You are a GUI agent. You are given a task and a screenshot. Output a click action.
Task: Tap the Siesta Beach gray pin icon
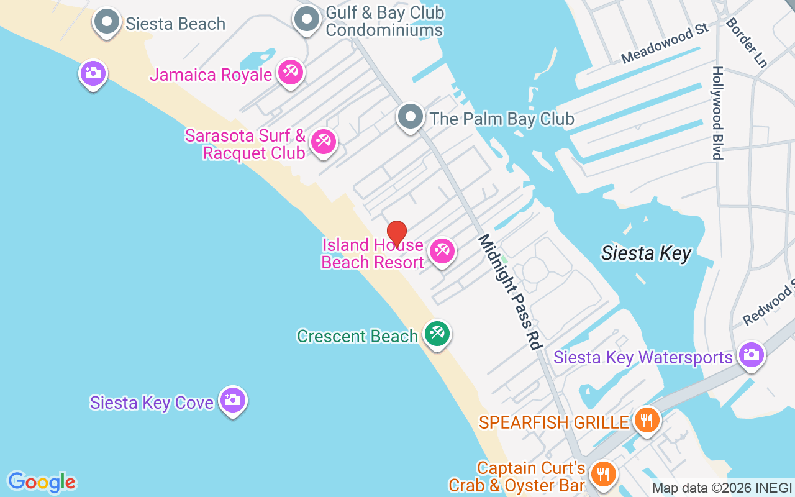point(107,22)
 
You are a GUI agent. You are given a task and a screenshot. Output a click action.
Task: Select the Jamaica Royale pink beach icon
point(290,73)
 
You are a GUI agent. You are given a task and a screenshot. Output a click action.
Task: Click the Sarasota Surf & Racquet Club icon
point(323,142)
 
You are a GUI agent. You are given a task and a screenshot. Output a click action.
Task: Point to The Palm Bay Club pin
point(410,117)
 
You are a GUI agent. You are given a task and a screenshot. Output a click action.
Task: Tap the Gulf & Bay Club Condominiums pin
point(306,20)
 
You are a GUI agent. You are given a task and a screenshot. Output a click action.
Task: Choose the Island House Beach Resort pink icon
point(442,252)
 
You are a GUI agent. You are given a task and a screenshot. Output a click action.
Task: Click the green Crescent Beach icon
point(437,334)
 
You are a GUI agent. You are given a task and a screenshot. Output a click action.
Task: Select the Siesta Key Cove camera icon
point(233,401)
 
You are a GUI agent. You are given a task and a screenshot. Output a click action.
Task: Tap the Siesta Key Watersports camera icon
point(751,355)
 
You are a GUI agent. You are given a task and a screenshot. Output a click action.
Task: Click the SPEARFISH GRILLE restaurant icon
point(647,421)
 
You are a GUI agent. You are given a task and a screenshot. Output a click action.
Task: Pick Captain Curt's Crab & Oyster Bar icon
point(602,475)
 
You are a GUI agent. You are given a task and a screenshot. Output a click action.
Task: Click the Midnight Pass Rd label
point(510,292)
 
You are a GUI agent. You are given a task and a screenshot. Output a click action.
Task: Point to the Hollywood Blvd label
point(718,113)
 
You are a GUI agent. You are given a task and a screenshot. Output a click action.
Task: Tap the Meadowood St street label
point(665,44)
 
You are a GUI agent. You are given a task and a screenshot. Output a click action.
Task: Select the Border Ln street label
point(746,42)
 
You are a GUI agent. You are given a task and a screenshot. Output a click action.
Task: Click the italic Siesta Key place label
point(646,253)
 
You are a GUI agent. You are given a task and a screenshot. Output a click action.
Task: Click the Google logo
point(42,482)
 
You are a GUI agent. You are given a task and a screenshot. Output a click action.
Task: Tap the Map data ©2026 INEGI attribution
point(722,488)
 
